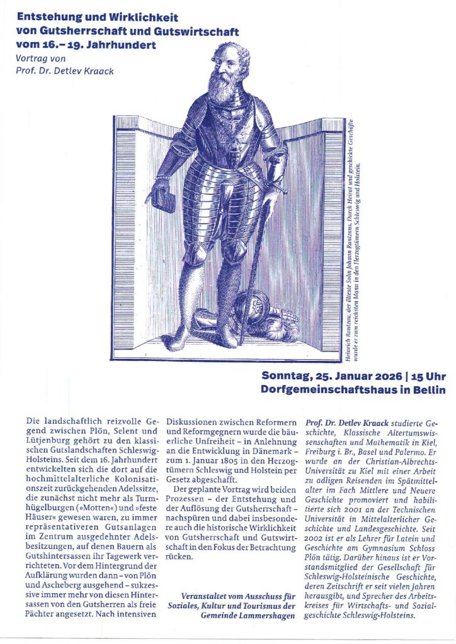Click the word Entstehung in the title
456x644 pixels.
click(45, 18)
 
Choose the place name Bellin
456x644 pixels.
click(430, 389)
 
